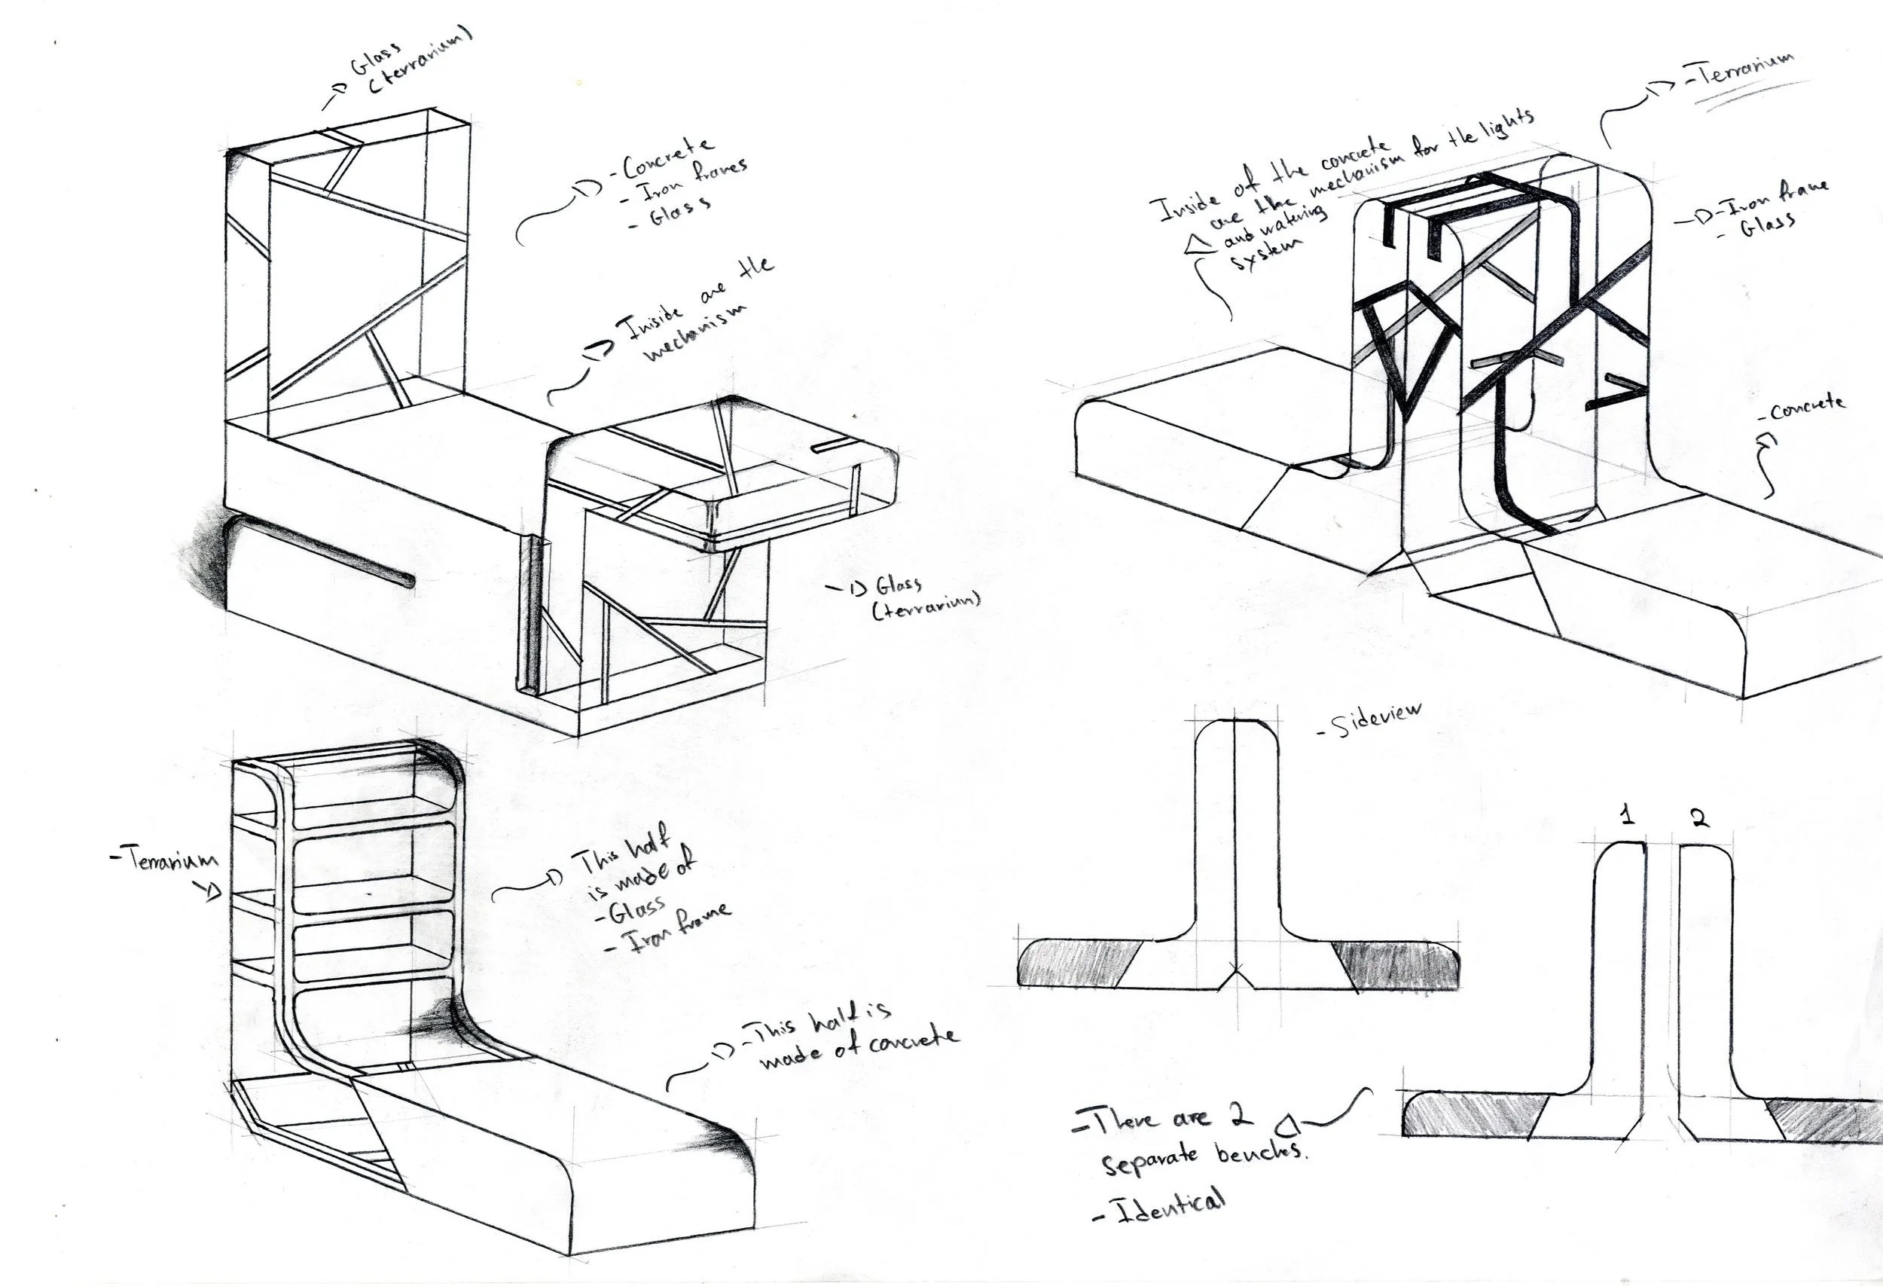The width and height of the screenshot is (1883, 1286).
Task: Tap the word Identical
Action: [1170, 1207]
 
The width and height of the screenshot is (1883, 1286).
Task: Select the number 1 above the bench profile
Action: [1626, 816]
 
